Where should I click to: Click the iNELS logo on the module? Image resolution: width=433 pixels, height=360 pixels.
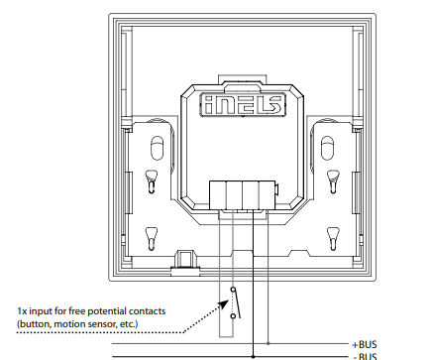[243, 105]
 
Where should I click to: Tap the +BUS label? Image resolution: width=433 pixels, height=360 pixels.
[365, 345]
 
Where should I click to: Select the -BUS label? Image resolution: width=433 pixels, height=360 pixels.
[365, 356]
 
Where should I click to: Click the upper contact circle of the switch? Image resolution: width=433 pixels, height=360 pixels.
[233, 290]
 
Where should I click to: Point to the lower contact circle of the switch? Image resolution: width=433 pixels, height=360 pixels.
[233, 316]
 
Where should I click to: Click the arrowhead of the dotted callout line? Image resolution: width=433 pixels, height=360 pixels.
[224, 304]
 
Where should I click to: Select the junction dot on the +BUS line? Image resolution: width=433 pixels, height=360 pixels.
[268, 344]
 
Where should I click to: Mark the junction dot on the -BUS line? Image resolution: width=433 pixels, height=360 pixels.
[253, 357]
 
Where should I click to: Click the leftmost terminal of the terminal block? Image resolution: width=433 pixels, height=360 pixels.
[218, 195]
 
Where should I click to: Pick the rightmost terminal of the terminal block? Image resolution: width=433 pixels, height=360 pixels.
[267, 195]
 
